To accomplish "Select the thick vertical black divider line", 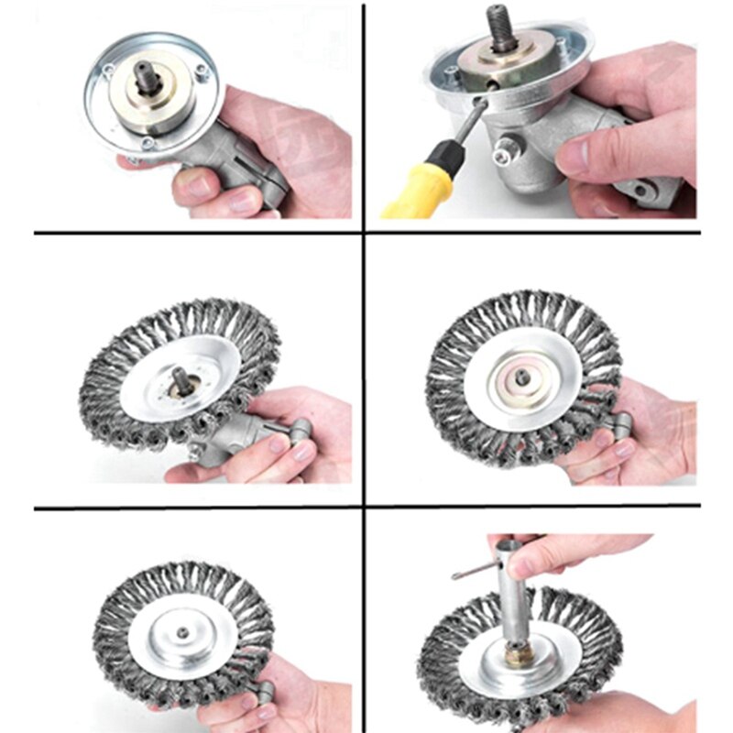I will point(364,366).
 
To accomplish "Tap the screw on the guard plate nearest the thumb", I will point(148,144).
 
